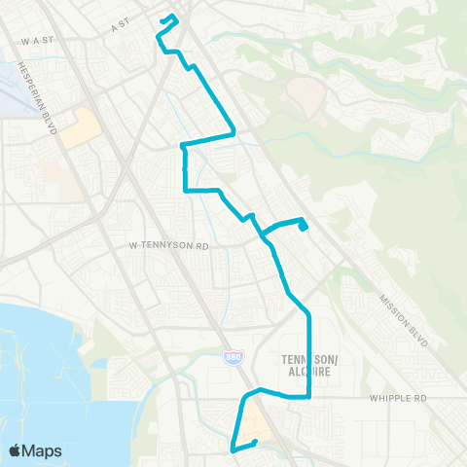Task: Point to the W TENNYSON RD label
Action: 169,246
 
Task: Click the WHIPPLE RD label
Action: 398,398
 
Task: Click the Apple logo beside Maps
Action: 16,450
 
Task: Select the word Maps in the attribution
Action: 43,450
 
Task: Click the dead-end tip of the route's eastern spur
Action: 305,229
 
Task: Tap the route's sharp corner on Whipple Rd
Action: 308,396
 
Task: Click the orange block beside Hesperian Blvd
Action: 79,127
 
